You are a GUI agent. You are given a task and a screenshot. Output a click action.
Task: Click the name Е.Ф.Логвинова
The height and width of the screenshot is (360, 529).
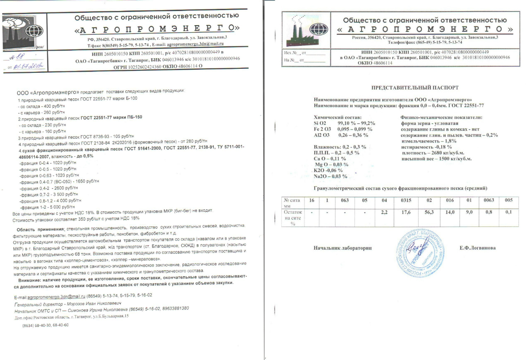pyautogui.click(x=477, y=248)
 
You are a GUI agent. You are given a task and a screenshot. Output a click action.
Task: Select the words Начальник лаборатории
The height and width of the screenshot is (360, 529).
pyautogui.click(x=343, y=248)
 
